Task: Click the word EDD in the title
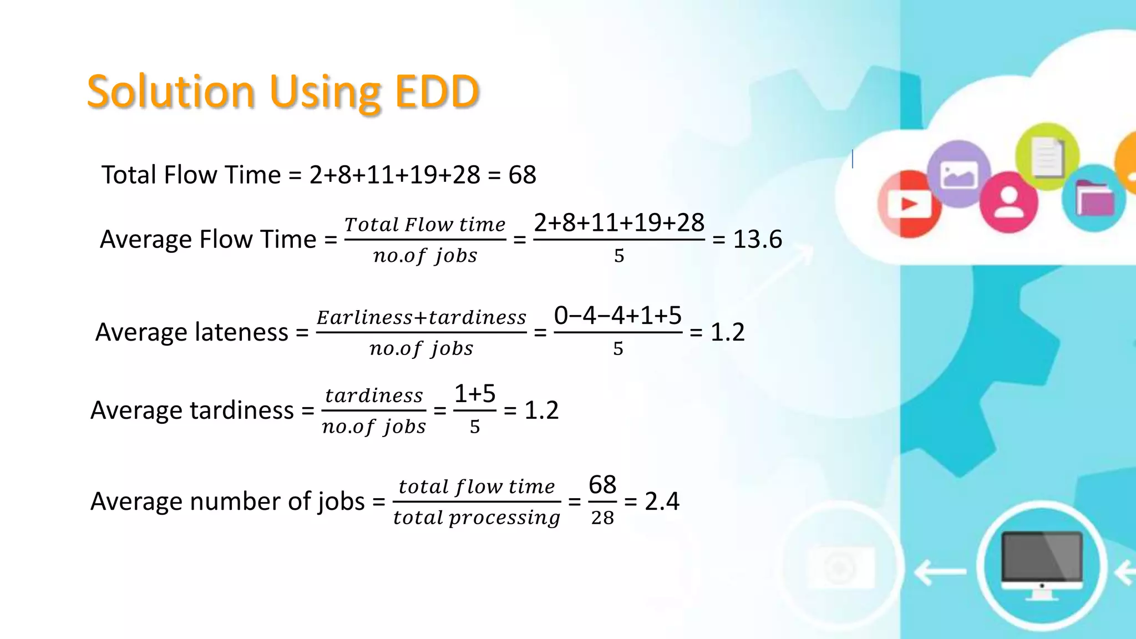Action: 437,92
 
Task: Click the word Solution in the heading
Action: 171,92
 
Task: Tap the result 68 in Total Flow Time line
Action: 522,175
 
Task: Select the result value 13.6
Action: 757,240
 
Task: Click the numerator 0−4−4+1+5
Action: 617,316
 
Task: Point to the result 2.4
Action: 662,501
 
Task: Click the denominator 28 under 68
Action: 602,518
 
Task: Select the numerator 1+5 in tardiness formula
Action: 475,394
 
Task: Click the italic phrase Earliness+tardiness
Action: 421,317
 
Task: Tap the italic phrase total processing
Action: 476,518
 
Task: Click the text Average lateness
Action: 191,332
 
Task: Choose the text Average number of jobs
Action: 227,501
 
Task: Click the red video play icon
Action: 910,204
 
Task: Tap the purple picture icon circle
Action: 958,174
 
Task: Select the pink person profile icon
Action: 1008,202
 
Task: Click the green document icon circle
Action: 1047,156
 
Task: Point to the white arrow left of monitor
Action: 940,571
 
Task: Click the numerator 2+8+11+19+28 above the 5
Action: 619,223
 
